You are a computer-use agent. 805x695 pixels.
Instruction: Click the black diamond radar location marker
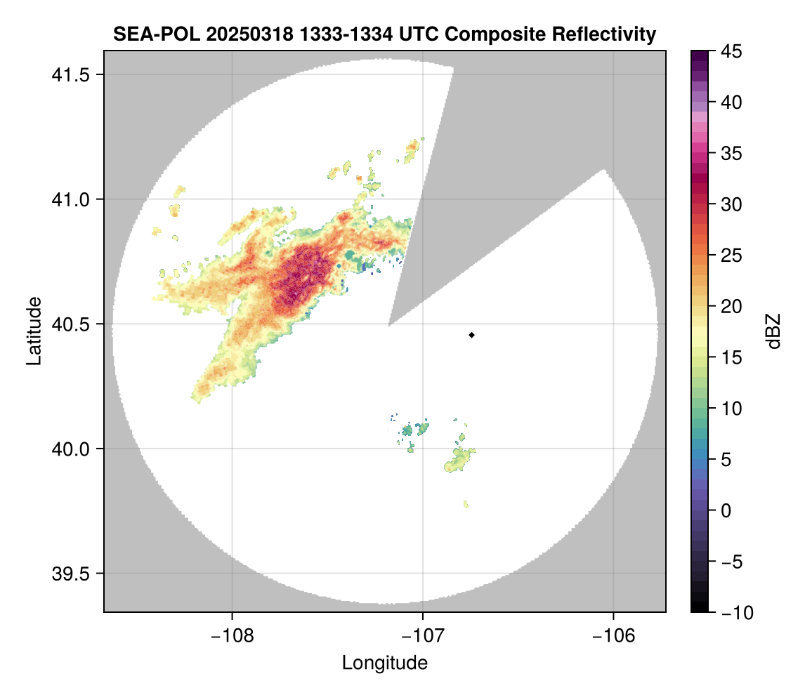471,335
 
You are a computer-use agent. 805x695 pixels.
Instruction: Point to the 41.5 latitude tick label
70,75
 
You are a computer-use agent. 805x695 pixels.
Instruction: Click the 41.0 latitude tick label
70,199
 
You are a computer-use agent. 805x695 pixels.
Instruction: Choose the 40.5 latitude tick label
70,324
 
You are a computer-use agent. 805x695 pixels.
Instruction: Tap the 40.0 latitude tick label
70,449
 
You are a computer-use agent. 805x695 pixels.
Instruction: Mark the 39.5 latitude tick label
70,574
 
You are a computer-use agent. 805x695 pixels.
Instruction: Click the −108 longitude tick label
232,636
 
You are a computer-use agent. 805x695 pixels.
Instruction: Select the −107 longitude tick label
423,636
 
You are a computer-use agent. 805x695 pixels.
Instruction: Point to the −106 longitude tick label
613,636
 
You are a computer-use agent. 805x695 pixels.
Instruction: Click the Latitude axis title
34,331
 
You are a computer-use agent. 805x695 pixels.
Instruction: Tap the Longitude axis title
385,663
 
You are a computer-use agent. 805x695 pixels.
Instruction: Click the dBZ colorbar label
773,331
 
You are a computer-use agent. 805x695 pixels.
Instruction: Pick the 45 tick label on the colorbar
731,51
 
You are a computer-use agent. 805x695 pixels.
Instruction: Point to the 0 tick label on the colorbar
726,510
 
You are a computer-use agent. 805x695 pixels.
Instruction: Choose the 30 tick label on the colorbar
731,205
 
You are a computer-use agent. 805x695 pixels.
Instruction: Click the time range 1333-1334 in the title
346,34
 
